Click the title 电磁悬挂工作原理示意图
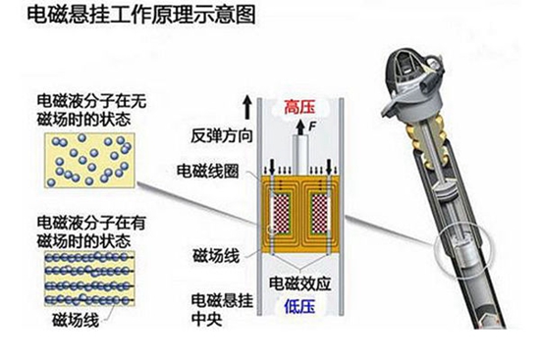[x=140, y=15]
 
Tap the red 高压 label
[x=299, y=107]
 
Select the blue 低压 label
[x=299, y=306]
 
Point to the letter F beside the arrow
[x=312, y=127]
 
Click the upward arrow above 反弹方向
[x=246, y=108]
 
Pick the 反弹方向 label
[x=222, y=135]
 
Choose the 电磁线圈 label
[x=208, y=171]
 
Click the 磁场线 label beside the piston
[x=216, y=256]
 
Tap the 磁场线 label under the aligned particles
[x=76, y=320]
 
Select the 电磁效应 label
[x=300, y=283]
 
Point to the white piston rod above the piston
[x=300, y=155]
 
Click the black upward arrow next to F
[x=300, y=127]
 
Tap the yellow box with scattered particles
[x=89, y=161]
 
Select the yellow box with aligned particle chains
[x=89, y=279]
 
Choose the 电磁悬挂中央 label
[x=222, y=310]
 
